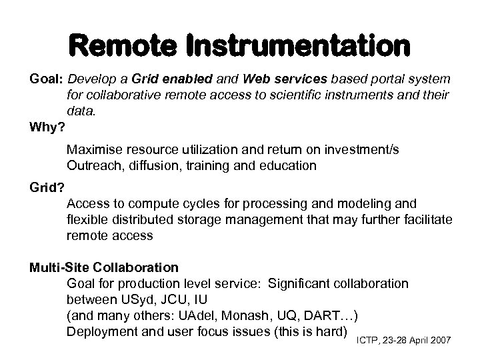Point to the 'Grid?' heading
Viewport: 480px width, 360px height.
(45, 188)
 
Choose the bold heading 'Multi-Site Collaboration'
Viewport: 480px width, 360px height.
(104, 267)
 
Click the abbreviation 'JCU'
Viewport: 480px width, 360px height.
(173, 299)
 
